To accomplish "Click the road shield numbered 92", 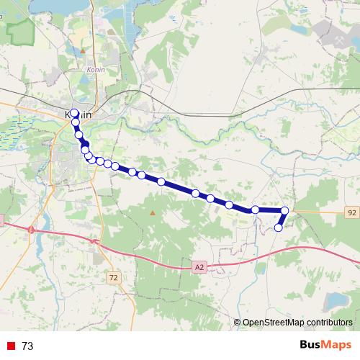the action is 351,213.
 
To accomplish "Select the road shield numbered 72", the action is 113,276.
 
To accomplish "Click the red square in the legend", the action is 10,346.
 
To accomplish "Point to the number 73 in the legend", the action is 27,346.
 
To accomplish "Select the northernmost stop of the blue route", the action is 74,113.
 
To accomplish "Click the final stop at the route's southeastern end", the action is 279,228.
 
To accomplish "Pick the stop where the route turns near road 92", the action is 285,210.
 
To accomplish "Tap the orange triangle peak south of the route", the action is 152,213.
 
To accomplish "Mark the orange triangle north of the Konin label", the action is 84,51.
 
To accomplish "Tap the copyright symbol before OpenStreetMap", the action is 237,322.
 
